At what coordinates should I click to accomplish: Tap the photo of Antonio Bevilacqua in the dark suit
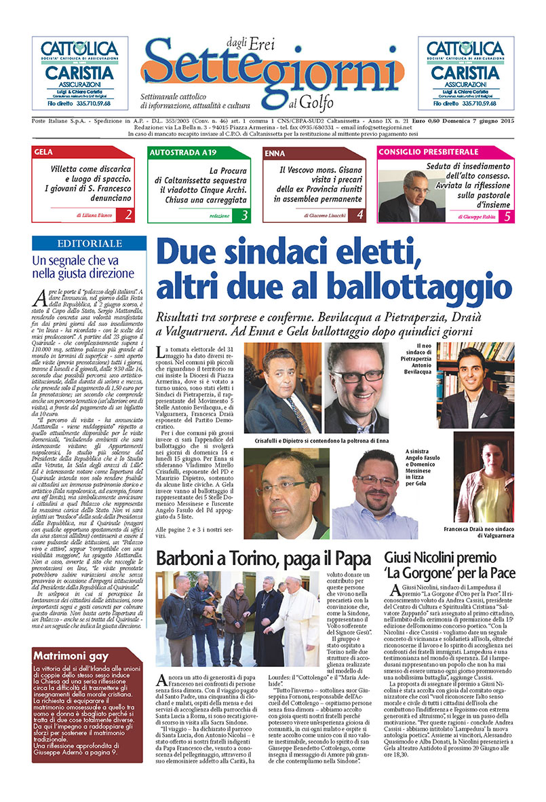481,387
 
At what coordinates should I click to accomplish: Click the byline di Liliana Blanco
87,216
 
